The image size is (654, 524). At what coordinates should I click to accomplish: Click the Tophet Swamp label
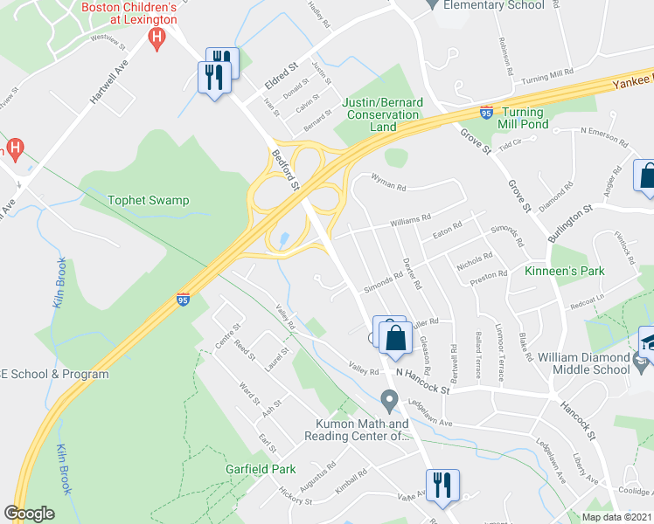coord(148,201)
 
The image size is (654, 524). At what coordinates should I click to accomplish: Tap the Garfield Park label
coord(259,469)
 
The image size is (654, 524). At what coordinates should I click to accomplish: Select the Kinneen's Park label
coord(565,272)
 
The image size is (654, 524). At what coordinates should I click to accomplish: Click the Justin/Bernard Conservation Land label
coord(382,114)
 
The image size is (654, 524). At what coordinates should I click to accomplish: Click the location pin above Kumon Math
coord(390,401)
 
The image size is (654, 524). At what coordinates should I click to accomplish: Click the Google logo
coord(29,514)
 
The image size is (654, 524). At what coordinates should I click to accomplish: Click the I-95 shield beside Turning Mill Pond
coord(486,114)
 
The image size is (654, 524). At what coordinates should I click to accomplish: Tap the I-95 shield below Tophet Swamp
coord(183,300)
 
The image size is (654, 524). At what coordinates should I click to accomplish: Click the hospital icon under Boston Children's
coord(157,38)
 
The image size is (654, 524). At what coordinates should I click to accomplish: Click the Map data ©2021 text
coord(604,517)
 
